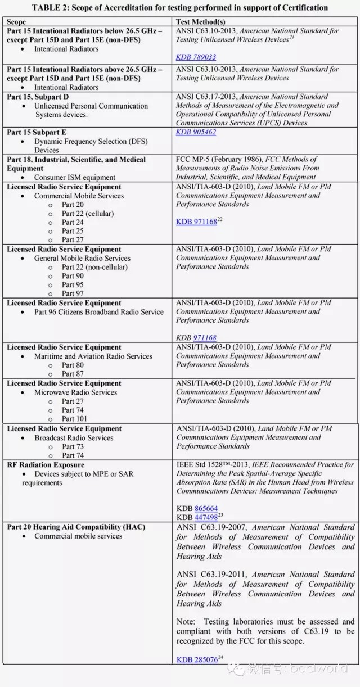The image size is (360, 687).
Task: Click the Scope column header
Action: (x=16, y=22)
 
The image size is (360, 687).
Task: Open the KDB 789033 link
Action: (x=196, y=57)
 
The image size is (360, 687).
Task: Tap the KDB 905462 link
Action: (x=196, y=132)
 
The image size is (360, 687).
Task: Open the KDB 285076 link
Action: (x=197, y=659)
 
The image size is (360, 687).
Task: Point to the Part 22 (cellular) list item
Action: (x=87, y=213)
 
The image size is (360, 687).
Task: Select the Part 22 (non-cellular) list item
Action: (x=94, y=267)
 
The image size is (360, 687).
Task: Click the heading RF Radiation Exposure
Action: (x=46, y=465)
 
